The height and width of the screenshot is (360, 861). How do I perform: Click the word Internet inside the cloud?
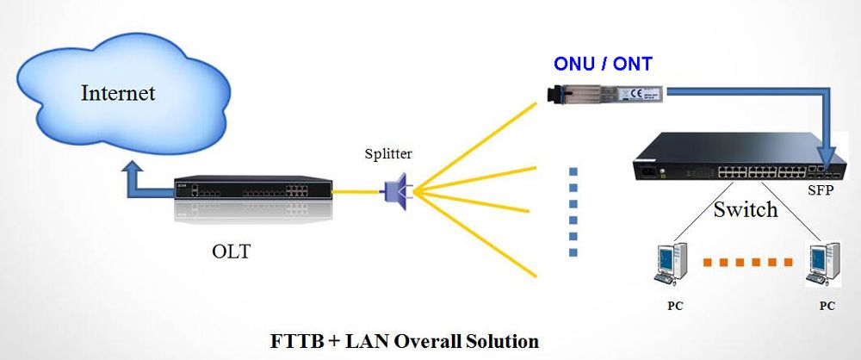click(118, 93)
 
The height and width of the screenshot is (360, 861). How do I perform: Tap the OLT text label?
click(232, 252)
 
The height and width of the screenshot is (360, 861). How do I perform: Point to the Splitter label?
click(388, 154)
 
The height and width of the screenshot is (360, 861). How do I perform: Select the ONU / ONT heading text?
click(602, 64)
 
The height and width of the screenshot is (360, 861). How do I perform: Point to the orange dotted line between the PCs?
click(748, 260)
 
